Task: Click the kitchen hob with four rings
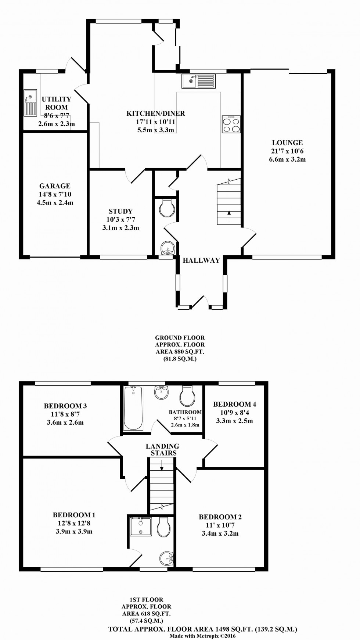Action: point(231,125)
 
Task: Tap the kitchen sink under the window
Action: point(198,81)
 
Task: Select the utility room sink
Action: point(30,103)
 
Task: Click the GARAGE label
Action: point(55,186)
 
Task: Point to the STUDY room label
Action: point(120,211)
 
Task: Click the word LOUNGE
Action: point(287,143)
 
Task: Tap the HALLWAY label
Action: point(201,260)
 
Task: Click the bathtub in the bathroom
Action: point(133,407)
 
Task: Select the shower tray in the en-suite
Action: point(141,526)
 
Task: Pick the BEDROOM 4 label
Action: point(234,404)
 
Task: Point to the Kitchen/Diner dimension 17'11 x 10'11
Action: point(155,122)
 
